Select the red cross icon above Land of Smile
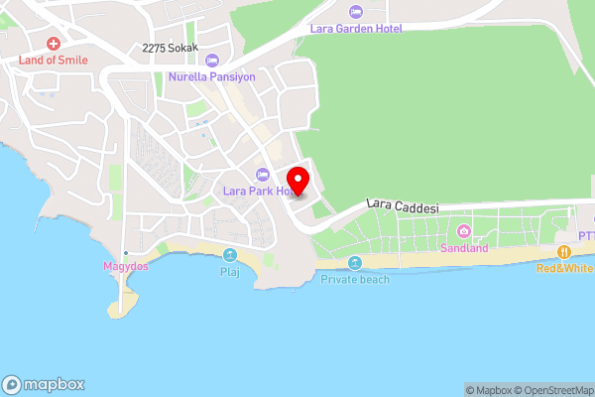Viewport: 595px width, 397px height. tap(53, 45)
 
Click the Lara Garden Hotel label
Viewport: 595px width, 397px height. tap(356, 29)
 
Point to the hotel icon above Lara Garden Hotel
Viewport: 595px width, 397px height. tap(356, 13)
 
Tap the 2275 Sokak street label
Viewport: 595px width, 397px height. tap(170, 48)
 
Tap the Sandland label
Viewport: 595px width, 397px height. tap(464, 248)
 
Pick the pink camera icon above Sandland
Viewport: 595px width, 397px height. tap(464, 232)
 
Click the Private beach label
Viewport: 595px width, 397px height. tap(355, 279)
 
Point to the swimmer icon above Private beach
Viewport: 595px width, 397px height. tap(355, 263)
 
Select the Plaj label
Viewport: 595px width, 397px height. tap(230, 270)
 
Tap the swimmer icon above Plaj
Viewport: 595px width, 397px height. tap(230, 255)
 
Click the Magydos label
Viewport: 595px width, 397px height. tap(126, 267)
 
